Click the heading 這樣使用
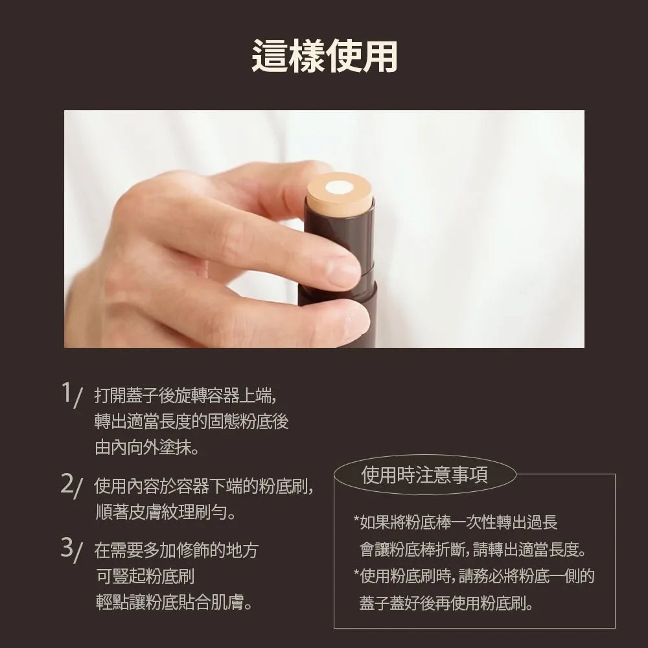325,56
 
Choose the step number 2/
72,485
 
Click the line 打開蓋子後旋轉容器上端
185,395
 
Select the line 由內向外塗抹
146,447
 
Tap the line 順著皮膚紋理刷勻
165,513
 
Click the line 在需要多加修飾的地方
176,550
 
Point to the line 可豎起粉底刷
145,576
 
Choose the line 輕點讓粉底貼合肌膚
174,602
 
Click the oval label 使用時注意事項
424,474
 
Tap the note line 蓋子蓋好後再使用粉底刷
446,603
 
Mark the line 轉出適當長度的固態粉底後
191,422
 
